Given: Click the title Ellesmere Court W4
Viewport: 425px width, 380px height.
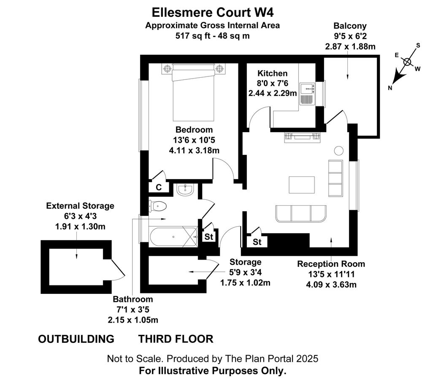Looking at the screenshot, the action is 213,13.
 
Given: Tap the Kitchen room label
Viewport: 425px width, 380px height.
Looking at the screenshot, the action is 272,73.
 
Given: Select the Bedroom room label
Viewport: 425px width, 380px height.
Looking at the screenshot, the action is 194,129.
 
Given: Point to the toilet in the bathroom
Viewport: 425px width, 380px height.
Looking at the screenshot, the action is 157,206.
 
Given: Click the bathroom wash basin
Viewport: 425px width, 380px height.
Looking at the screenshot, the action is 185,190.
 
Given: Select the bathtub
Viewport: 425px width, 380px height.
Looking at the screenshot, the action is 174,237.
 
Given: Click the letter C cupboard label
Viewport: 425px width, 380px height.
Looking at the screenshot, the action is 159,187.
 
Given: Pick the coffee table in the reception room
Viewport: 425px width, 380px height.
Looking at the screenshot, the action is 302,185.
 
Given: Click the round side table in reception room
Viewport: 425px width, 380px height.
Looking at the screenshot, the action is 338,151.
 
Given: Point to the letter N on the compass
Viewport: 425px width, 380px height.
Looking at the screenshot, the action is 390,87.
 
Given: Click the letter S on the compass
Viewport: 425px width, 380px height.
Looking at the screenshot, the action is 418,45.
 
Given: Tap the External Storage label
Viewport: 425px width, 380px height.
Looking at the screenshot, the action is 80,206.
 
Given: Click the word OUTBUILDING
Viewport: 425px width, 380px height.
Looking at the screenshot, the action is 76,339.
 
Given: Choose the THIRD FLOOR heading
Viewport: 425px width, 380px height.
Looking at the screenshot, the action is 176,339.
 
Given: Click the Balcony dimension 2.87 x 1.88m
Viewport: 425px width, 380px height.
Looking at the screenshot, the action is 350,46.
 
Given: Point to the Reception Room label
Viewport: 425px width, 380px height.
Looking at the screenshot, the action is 331,264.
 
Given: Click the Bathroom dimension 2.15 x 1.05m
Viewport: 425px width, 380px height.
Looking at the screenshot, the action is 133,320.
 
